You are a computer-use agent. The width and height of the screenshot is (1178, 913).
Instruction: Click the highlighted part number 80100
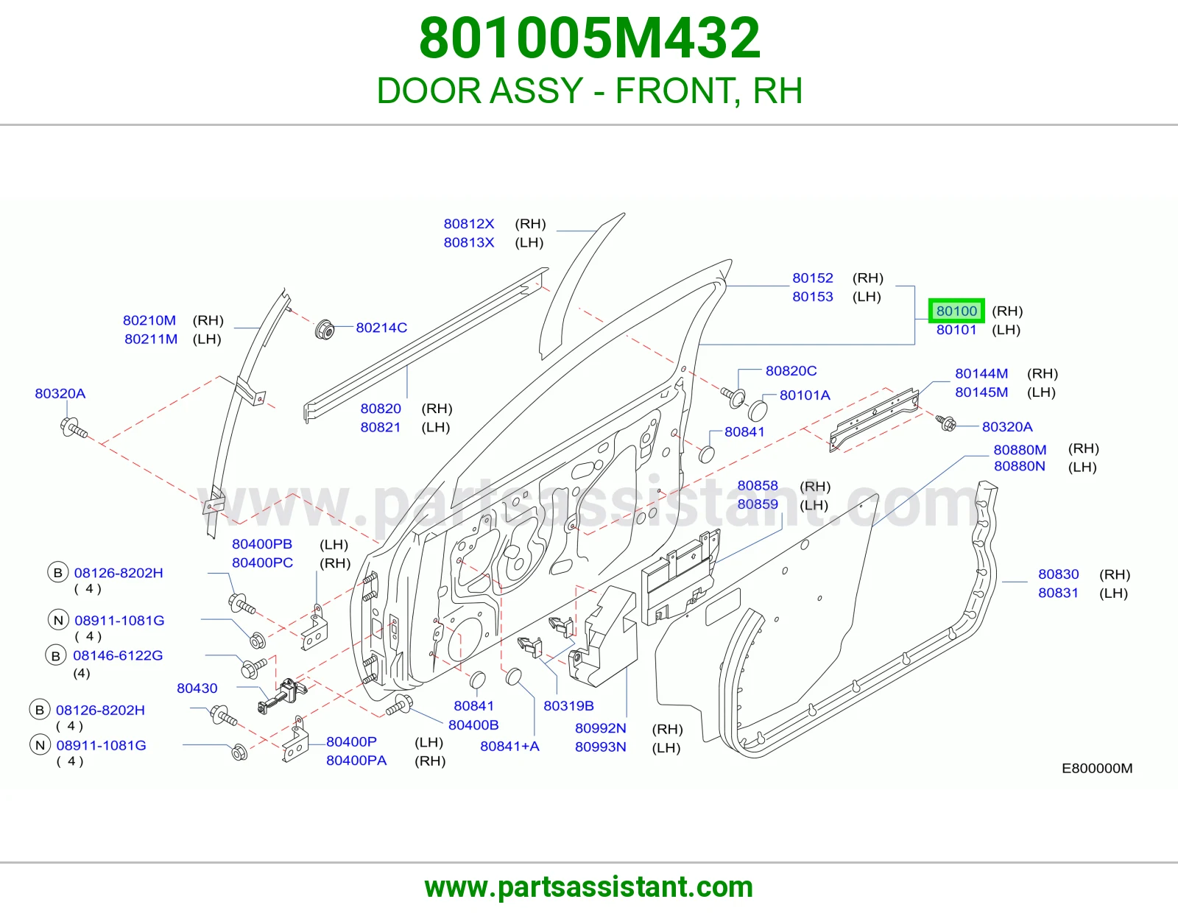click(956, 311)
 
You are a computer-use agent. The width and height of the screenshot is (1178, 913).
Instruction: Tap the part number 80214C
click(381, 328)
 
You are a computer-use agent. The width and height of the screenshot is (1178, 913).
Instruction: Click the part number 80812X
click(469, 224)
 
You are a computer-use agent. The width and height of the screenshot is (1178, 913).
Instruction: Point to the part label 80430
click(197, 688)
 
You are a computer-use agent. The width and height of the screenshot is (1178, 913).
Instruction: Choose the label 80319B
click(568, 705)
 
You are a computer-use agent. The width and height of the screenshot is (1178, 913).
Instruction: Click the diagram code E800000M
click(1097, 768)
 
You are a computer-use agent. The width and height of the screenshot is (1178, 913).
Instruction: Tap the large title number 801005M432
click(589, 38)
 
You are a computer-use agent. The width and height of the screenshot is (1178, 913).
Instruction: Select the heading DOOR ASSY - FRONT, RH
click(589, 91)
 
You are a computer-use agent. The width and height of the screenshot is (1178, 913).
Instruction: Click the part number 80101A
click(805, 395)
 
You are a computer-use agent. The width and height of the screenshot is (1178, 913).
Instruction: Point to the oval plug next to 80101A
click(758, 410)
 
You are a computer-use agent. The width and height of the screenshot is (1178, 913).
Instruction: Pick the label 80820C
click(791, 371)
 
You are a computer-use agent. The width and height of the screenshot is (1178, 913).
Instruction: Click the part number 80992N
click(600, 728)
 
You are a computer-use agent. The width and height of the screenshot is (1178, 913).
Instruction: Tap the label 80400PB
click(262, 544)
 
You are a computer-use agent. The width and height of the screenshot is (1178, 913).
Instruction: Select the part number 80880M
click(1020, 449)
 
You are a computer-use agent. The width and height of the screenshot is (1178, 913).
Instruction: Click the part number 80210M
click(149, 320)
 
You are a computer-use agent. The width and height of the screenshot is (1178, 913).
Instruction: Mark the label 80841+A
click(509, 746)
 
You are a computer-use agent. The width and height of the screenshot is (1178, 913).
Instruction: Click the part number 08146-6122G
click(118, 655)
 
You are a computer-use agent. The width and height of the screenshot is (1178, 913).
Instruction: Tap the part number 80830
click(1058, 574)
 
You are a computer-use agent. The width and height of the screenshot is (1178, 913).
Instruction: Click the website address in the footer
click(589, 887)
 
